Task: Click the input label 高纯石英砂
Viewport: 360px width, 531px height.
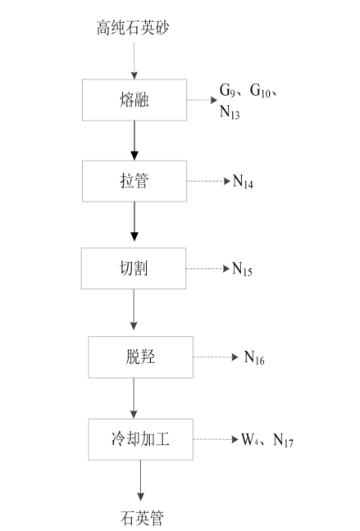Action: pos(133,28)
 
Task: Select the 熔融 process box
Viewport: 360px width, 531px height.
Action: pos(134,100)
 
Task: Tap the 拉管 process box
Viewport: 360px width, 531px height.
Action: pos(134,181)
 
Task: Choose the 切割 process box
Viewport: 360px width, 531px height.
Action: pos(134,268)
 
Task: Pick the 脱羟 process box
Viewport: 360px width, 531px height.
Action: pos(141,357)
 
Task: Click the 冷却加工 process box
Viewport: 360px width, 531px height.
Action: pos(141,439)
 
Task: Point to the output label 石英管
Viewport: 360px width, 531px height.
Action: pos(142,518)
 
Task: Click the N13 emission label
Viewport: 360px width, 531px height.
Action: pos(230,112)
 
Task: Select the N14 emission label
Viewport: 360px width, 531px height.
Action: pos(243,182)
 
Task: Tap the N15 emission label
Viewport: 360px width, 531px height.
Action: pos(242,270)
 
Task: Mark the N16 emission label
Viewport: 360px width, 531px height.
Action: pos(254,357)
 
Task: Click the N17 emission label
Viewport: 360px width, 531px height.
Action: pos(284,440)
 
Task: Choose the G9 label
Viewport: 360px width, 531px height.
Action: pos(227,90)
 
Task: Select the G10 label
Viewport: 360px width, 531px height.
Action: pos(260,91)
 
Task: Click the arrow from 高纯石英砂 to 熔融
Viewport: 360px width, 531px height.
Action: pos(134,61)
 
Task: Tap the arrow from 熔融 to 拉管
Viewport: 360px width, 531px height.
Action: pos(134,141)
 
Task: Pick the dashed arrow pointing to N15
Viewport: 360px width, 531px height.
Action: pos(207,269)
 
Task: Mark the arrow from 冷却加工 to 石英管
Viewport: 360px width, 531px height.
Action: pos(141,480)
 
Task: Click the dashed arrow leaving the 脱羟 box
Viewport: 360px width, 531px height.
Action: pos(216,357)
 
